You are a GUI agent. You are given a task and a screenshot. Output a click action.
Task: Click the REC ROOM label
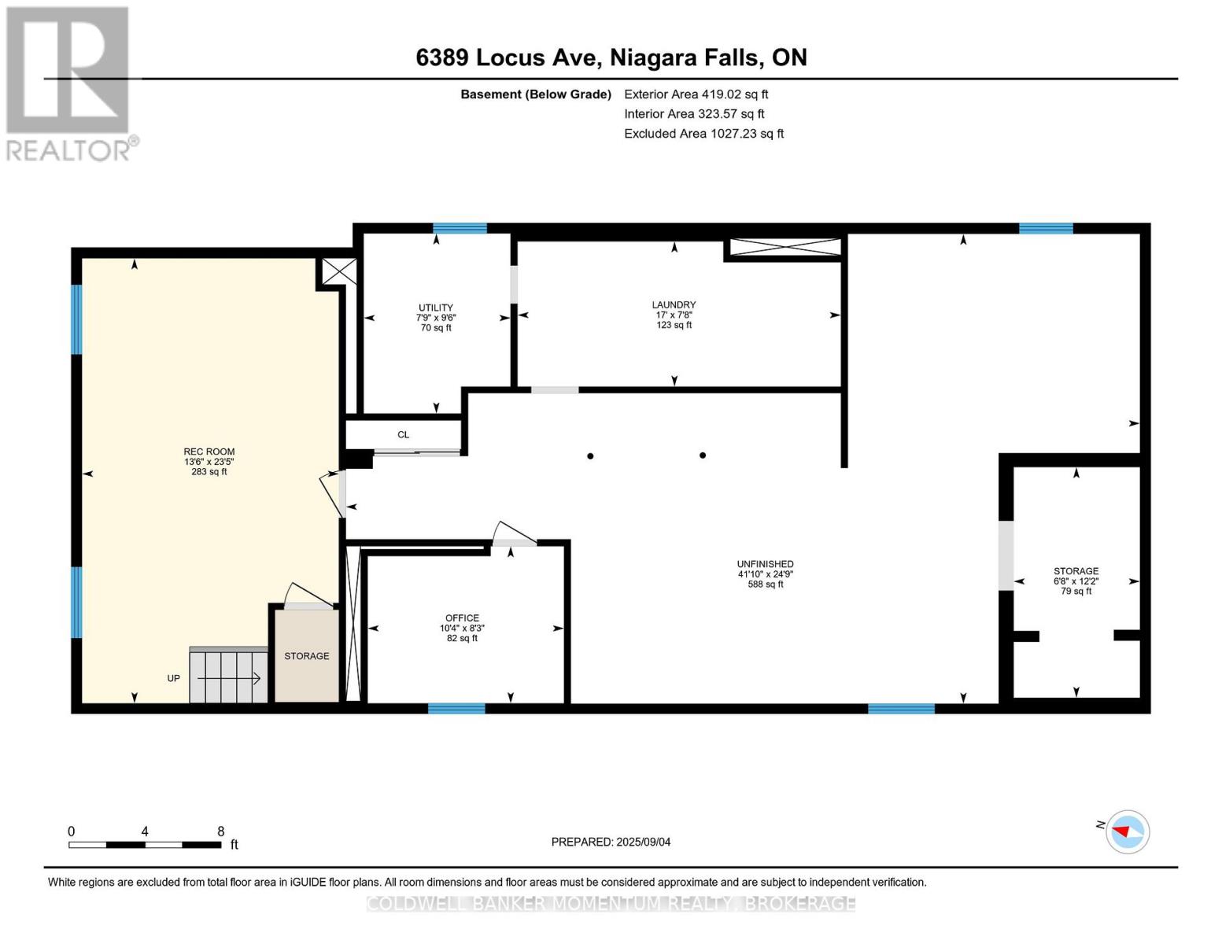[209, 452]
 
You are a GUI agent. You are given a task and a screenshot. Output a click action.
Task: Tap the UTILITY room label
[436, 308]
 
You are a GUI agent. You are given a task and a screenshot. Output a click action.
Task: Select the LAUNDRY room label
[674, 304]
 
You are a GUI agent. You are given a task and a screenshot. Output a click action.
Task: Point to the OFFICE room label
[462, 618]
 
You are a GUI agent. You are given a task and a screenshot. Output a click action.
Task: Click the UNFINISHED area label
[765, 564]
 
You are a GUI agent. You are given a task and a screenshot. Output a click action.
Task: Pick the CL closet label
[404, 435]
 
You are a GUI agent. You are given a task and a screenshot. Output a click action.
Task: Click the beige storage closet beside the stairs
[307, 656]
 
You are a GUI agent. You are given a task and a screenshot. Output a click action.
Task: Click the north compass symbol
[1127, 832]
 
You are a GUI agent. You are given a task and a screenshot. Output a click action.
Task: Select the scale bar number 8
[221, 832]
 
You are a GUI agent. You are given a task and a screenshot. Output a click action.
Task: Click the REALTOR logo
[69, 83]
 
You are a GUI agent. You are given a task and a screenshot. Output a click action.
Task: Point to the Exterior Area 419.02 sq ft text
[696, 94]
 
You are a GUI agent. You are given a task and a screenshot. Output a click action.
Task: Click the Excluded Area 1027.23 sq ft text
[703, 134]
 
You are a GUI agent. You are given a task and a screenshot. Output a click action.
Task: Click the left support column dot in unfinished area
[590, 456]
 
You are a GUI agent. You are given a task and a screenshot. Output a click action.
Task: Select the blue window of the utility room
[460, 229]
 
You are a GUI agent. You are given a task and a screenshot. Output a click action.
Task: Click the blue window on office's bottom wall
[456, 709]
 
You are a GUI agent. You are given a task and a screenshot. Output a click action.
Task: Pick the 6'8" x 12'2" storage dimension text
[1076, 581]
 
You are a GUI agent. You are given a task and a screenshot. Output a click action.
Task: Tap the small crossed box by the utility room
[339, 272]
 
